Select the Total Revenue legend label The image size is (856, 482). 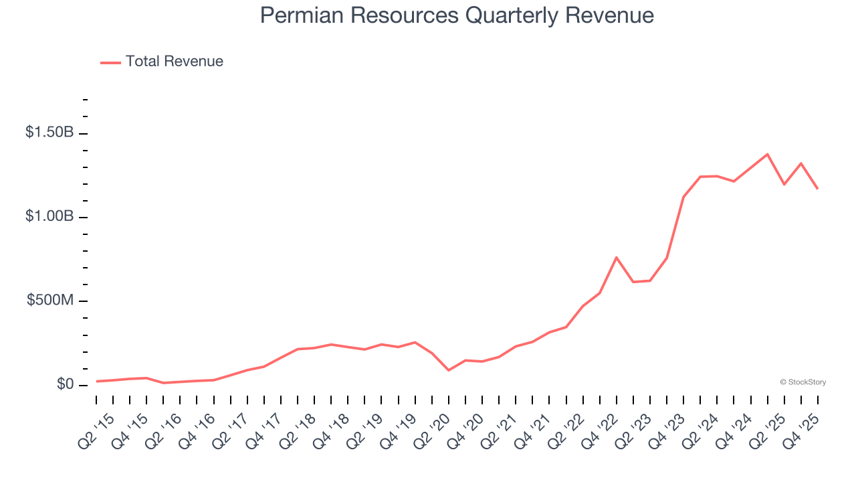[174, 62]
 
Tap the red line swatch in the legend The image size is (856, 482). [110, 62]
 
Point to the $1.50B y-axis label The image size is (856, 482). [49, 133]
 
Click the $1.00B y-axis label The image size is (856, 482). [49, 217]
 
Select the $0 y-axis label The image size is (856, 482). [65, 384]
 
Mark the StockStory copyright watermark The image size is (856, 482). [802, 382]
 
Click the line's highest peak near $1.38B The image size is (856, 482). [767, 154]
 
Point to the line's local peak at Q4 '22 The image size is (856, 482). [616, 257]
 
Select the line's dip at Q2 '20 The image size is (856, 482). [449, 370]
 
